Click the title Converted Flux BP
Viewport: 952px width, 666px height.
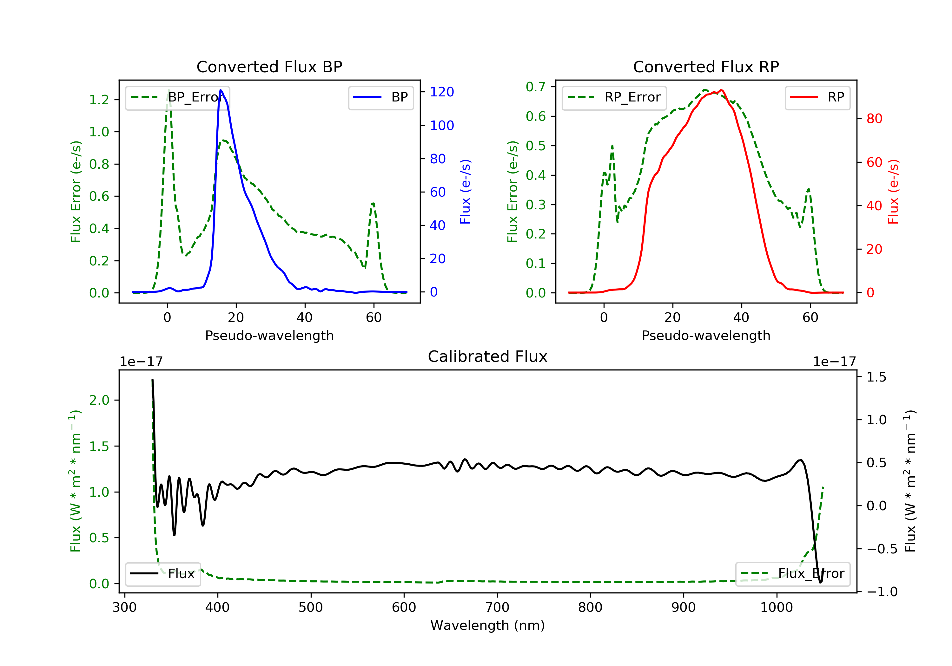[269, 67]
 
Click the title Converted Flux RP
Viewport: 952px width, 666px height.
[706, 67]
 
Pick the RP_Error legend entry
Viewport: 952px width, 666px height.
[614, 97]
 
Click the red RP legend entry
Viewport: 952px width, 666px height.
[817, 97]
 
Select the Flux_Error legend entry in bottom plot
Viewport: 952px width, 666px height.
[792, 574]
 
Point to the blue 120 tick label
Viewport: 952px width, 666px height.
[442, 92]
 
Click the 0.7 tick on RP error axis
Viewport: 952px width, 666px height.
[536, 87]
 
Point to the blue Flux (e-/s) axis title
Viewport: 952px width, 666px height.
[465, 192]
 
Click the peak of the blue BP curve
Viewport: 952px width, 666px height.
[221, 90]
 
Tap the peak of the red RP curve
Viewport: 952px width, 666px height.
[722, 90]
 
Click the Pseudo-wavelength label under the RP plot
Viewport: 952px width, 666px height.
[706, 335]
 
